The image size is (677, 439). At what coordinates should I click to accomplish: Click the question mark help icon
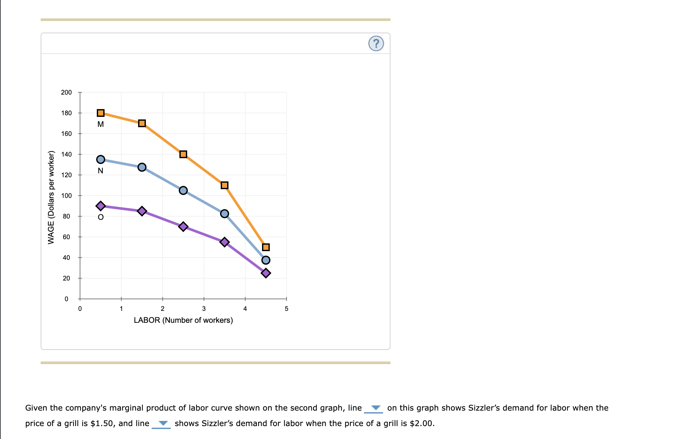click(376, 44)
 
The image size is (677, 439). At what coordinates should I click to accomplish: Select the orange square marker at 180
click(101, 113)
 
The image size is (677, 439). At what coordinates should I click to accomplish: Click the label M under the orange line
click(101, 124)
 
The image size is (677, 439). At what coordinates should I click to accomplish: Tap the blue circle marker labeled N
click(101, 159)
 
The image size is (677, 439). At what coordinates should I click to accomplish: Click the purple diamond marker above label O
click(101, 206)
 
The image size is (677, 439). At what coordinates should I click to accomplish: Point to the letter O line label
click(101, 217)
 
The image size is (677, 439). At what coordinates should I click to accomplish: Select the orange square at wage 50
click(266, 247)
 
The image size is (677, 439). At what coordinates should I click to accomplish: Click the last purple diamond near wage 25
click(266, 273)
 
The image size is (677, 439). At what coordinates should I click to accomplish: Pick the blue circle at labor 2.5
click(183, 190)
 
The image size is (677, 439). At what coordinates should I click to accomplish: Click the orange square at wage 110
click(225, 185)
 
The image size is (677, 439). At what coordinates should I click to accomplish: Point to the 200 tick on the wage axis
click(66, 93)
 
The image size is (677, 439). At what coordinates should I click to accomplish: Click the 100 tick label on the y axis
click(66, 196)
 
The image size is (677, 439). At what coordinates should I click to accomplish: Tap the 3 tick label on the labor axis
click(204, 309)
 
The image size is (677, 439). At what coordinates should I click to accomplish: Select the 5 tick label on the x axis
click(287, 309)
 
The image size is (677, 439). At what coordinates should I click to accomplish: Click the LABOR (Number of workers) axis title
click(183, 320)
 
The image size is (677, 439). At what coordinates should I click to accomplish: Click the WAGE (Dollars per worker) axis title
click(51, 198)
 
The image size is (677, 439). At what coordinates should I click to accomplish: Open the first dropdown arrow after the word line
click(376, 408)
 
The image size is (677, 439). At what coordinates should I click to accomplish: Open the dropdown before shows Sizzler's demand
click(163, 424)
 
